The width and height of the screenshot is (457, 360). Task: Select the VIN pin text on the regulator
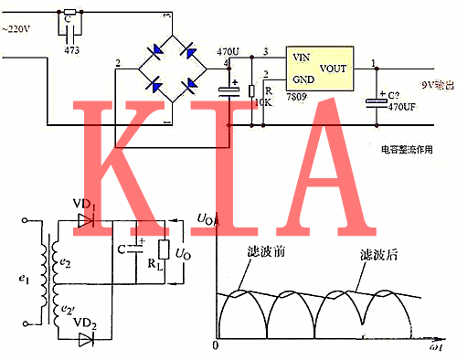tap(300, 56)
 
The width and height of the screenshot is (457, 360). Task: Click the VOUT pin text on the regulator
tap(338, 69)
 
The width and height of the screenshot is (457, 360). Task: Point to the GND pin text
tap(302, 80)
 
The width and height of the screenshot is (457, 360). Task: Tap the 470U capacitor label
tap(228, 53)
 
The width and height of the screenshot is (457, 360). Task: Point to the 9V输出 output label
tap(433, 87)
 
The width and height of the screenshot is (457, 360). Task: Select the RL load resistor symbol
tap(164, 250)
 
